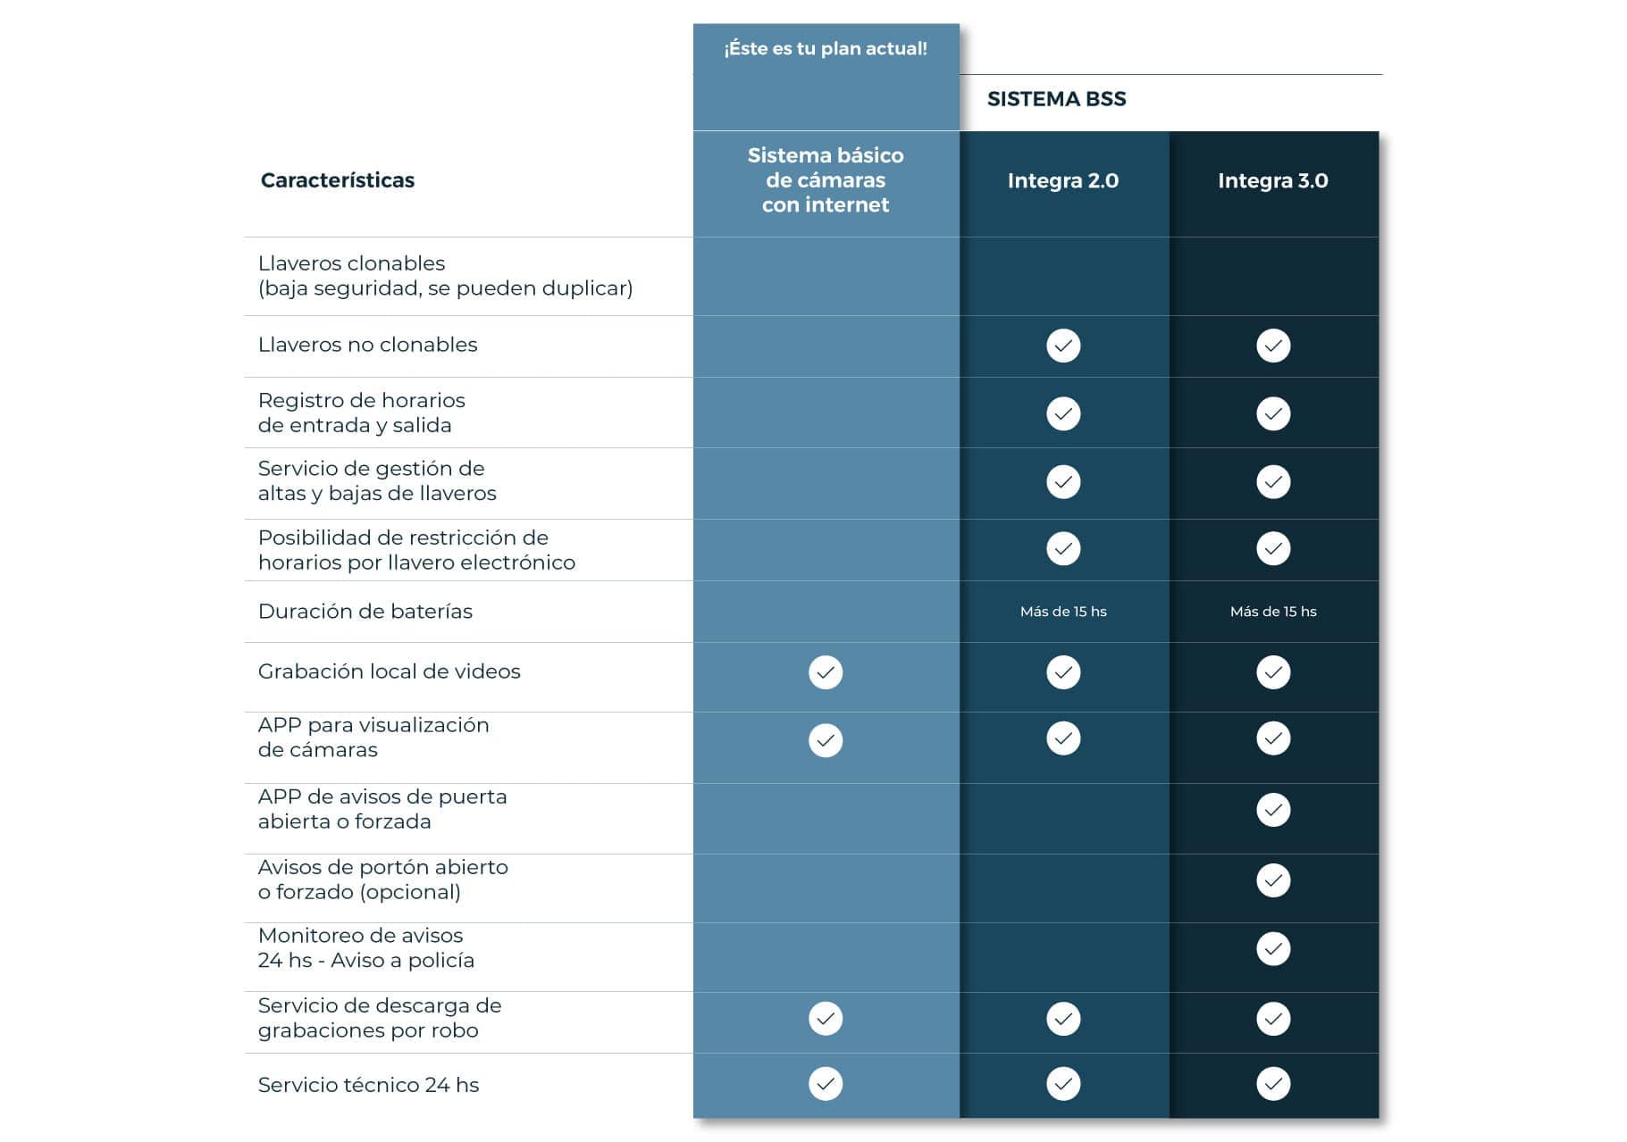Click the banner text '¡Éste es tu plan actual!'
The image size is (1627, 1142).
[x=825, y=48]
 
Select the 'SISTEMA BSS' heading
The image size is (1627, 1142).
[x=1056, y=99]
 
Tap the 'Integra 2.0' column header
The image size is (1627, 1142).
[x=1062, y=180]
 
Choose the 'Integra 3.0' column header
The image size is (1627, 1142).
[x=1272, y=180]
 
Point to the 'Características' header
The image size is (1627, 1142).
[x=337, y=180]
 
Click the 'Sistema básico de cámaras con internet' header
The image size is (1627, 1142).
[x=825, y=179]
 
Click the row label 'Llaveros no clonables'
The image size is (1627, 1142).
[x=367, y=345]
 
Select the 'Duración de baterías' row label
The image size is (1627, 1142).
[x=365, y=612]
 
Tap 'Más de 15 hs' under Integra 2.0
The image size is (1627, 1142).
[x=1062, y=612]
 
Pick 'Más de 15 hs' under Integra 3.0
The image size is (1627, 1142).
[x=1272, y=612]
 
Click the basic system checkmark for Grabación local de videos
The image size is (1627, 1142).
[x=825, y=672]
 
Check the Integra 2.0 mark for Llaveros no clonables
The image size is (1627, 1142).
[x=1062, y=346]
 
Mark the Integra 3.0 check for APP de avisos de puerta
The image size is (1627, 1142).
[x=1272, y=810]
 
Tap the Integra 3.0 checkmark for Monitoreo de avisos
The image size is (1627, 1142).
[x=1272, y=949]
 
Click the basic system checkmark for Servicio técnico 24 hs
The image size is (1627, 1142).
[x=825, y=1084]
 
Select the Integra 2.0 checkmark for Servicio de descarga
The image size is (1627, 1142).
[x=1062, y=1019]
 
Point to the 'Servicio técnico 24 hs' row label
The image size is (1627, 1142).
[x=368, y=1085]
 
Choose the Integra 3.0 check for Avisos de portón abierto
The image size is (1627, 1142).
[x=1272, y=880]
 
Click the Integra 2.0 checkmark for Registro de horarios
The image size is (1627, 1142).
[x=1062, y=413]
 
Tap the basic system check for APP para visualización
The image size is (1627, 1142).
[x=825, y=740]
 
